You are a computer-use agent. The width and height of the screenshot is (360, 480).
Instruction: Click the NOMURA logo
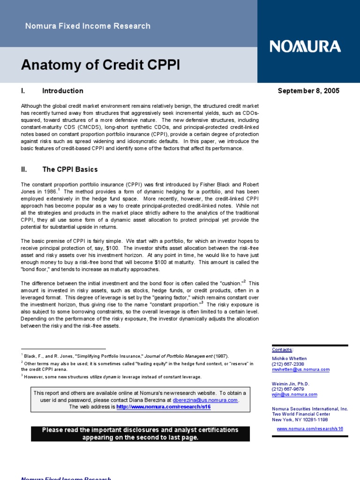coord(305,46)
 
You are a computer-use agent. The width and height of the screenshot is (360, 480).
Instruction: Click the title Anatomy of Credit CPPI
coord(100,65)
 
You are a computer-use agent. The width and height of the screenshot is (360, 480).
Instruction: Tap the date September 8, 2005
coord(308,91)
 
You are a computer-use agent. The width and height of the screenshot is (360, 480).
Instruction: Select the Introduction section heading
coord(62,91)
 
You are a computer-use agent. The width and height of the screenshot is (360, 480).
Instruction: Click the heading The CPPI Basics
coord(70,169)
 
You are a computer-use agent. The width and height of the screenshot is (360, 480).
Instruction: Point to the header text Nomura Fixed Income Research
coord(88,26)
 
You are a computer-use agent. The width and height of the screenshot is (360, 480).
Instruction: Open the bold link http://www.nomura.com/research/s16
coord(163,407)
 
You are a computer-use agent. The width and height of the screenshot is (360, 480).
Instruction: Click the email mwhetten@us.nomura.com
coord(300,369)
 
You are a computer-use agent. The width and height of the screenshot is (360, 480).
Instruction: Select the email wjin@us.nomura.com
coord(294,395)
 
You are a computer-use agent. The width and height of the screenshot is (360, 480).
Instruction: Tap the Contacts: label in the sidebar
coord(283,350)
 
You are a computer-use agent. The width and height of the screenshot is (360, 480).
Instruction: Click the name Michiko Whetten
coord(289,359)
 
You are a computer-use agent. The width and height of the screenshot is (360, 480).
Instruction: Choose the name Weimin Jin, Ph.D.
coord(291,383)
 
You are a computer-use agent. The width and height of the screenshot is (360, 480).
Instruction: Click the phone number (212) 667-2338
coord(288,364)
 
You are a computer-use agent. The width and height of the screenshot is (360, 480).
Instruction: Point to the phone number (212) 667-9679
coord(288,389)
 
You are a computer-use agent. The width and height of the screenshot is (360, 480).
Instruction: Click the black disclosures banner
coord(140,434)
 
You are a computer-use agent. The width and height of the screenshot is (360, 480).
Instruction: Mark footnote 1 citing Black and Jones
coord(125,356)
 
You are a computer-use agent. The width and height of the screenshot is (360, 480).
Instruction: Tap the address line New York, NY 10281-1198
coord(300,420)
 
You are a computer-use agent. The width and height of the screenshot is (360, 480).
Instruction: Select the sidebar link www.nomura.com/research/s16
coord(310,428)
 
